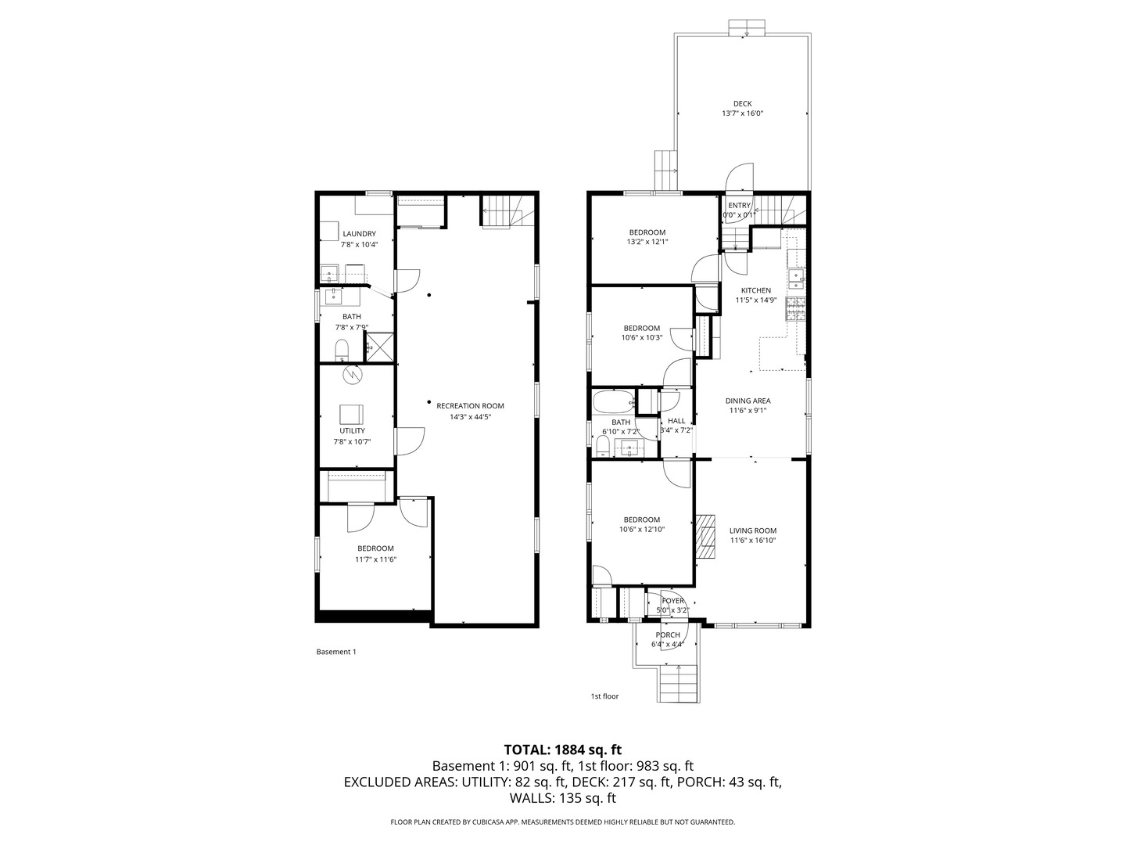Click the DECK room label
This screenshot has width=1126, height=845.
pos(742,104)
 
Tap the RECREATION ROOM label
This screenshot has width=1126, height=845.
pos(470,406)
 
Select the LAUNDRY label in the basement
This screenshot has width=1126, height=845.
pos(359,234)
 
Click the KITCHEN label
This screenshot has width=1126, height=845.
pos(756,290)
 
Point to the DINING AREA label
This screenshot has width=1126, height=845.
pos(748,401)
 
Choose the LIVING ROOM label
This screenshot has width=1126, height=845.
pos(753,530)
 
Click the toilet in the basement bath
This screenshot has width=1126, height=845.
pos(342,348)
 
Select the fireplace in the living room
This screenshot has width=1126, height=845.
pos(706,537)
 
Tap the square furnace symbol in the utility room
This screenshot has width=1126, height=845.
pos(351,415)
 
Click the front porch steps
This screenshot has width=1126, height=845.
pos(677,682)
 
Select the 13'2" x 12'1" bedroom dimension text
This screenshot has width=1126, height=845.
pos(647,243)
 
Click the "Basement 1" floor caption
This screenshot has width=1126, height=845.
pos(335,652)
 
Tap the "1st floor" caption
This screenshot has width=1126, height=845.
pos(604,696)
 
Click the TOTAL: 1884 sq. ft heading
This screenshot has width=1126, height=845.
pos(563,750)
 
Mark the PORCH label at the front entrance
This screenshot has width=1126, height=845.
pos(667,635)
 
